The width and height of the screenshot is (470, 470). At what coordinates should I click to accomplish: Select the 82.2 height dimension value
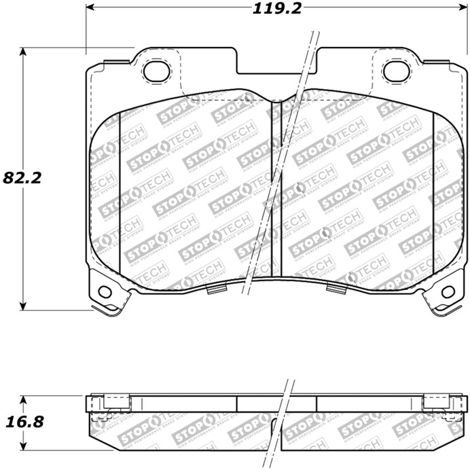(22, 178)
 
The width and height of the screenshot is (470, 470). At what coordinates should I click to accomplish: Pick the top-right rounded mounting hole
(393, 69)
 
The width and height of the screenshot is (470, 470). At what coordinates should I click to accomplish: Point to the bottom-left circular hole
(104, 291)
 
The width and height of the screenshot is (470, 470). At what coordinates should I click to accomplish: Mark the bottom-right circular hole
(448, 291)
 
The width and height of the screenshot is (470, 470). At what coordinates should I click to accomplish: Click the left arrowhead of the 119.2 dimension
(91, 10)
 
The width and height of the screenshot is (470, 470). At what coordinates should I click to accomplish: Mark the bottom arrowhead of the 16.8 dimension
(24, 446)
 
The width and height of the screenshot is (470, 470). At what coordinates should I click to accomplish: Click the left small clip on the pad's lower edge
(215, 290)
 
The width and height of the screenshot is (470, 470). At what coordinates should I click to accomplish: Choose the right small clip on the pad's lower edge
(336, 289)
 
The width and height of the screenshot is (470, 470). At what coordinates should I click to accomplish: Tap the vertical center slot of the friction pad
(276, 190)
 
